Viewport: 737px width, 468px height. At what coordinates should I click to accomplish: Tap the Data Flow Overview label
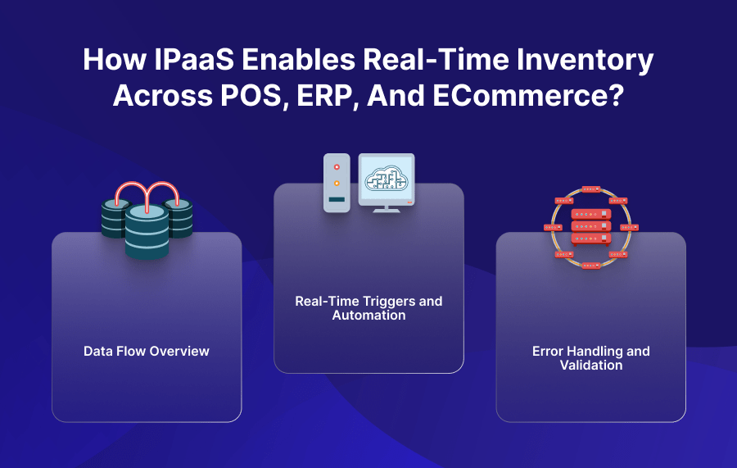(147, 352)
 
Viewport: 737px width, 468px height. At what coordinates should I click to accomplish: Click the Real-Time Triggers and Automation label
(368, 308)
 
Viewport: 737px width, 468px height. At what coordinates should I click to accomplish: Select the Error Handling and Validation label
(591, 358)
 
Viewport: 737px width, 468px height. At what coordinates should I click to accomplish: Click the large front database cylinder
(147, 230)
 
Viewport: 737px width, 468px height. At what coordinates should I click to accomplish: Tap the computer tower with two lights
(337, 183)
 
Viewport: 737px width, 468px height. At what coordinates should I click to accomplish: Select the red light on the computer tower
(336, 167)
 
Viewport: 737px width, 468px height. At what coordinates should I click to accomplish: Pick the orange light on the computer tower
(336, 183)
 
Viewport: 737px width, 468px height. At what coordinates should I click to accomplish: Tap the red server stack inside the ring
(591, 225)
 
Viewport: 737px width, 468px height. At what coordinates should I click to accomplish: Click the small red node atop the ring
(591, 189)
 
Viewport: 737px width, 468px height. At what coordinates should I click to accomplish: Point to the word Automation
(368, 316)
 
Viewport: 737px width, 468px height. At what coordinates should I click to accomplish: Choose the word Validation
(591, 366)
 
